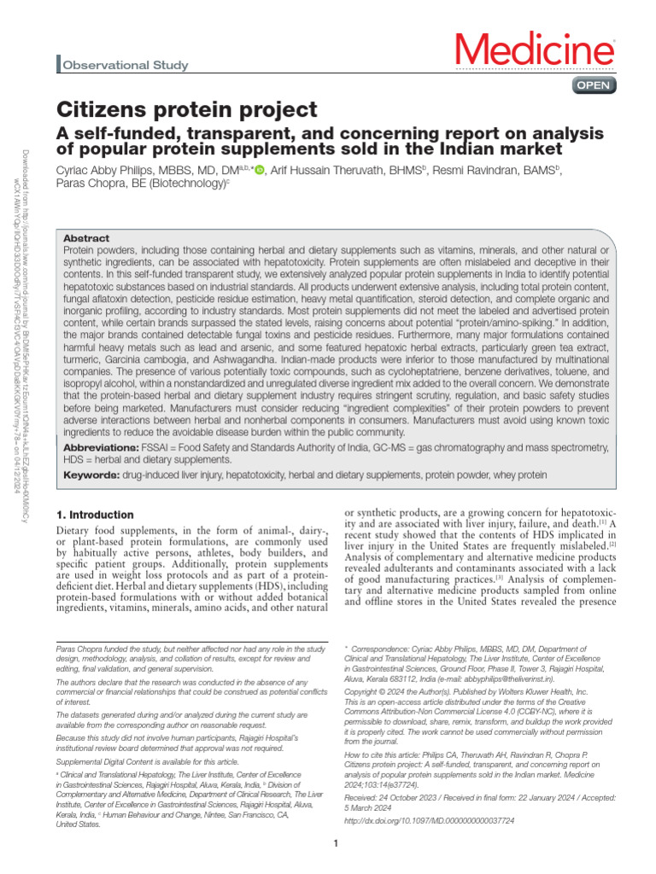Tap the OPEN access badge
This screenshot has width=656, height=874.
(592, 85)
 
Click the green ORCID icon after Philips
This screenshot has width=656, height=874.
(260, 171)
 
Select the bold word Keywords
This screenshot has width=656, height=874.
(91, 475)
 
